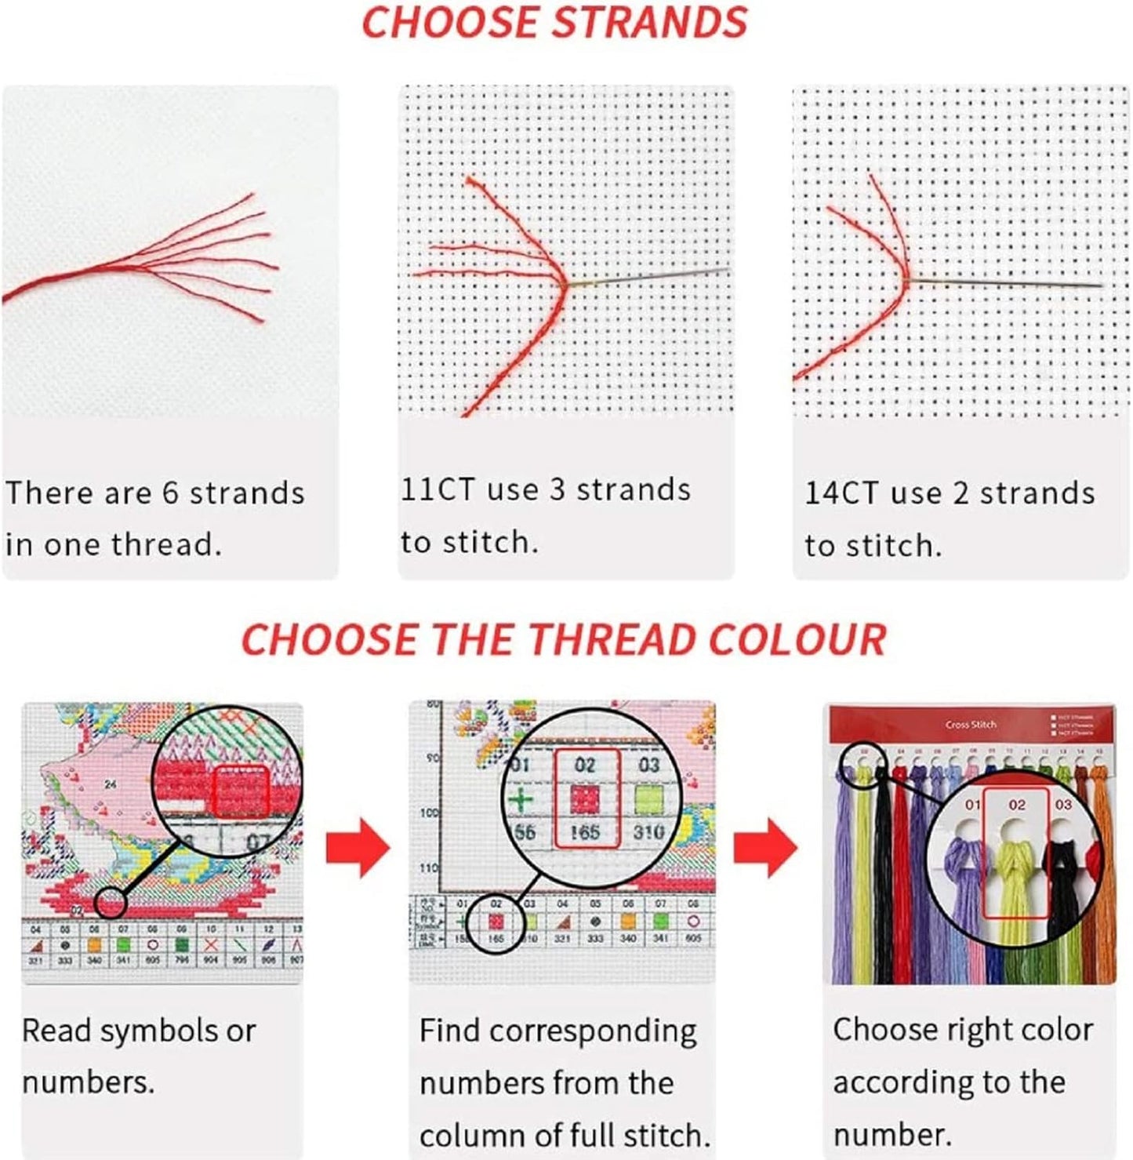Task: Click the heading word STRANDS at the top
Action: pos(650,22)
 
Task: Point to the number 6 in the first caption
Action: pos(170,493)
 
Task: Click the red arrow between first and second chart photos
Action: pos(358,848)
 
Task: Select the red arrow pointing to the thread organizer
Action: pos(765,848)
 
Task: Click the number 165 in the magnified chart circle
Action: pos(585,832)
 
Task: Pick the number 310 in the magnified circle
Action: pos(648,831)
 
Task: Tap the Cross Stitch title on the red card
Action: pos(971,725)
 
